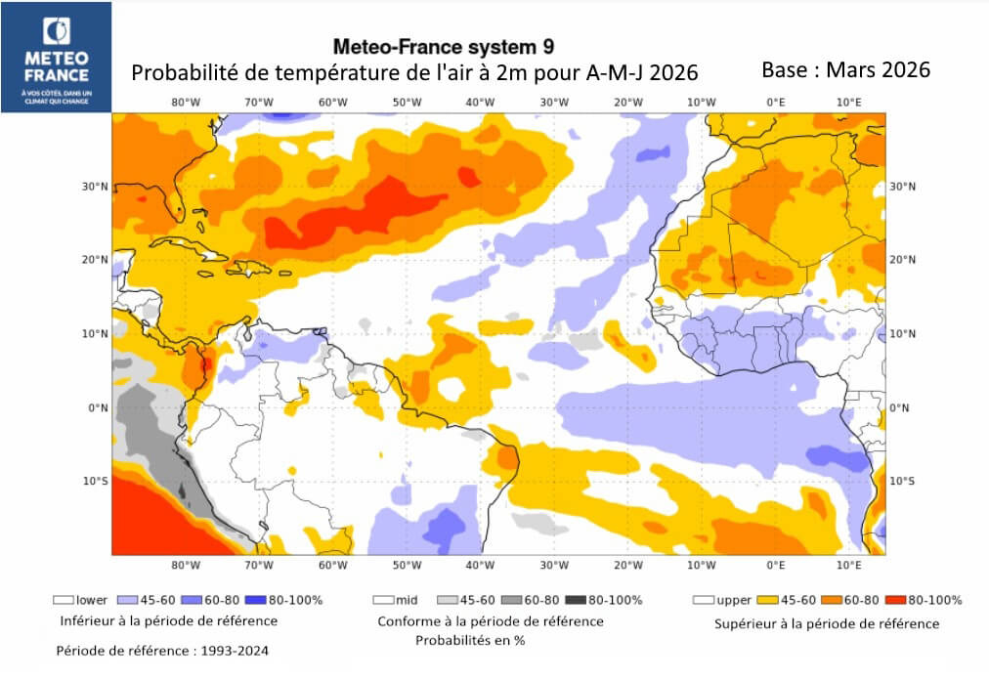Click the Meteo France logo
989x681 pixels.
click(57, 56)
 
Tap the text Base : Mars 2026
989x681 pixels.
click(845, 70)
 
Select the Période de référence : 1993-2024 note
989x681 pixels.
click(162, 650)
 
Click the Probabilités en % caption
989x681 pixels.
click(470, 641)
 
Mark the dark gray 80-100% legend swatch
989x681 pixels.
click(576, 600)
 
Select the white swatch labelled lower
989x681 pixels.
click(64, 600)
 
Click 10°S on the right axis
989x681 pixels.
click(902, 481)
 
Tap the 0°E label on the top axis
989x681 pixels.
click(776, 102)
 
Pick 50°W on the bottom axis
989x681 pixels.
click(407, 565)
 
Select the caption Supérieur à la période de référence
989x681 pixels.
click(827, 623)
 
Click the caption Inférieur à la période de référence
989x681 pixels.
click(168, 620)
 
